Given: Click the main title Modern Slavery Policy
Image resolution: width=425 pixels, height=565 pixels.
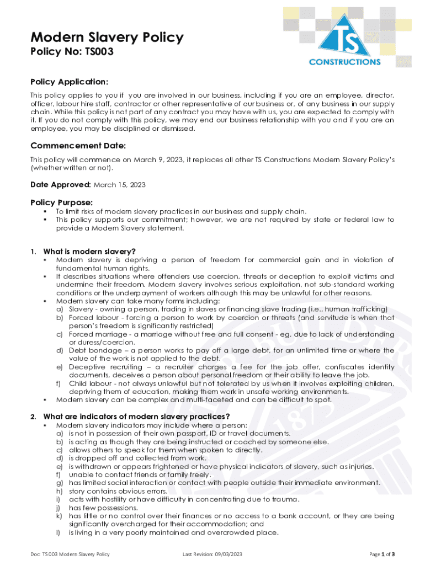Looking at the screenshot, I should point(107,38).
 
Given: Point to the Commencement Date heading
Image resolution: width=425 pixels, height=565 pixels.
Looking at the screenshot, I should point(78,146).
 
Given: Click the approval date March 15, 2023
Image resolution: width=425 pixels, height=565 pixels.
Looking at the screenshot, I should point(120,185).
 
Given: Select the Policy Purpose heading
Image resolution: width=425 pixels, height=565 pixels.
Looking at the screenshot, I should point(62,202).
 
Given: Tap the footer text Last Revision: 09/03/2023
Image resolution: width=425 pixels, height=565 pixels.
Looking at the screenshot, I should point(212,554).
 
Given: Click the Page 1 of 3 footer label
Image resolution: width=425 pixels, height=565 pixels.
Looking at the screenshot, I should point(381,554).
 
